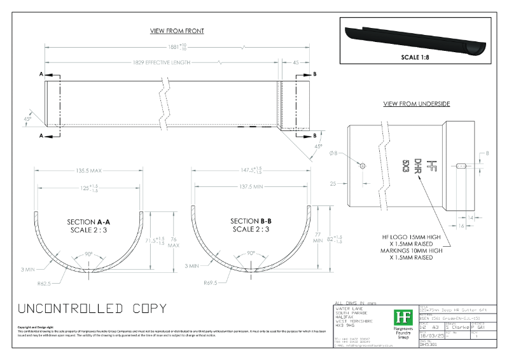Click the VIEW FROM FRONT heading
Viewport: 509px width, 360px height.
[x=177, y=31]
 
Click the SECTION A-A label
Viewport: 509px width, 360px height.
[x=89, y=222]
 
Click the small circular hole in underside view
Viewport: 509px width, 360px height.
[x=362, y=165]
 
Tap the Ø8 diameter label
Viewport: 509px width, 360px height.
[x=352, y=154]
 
